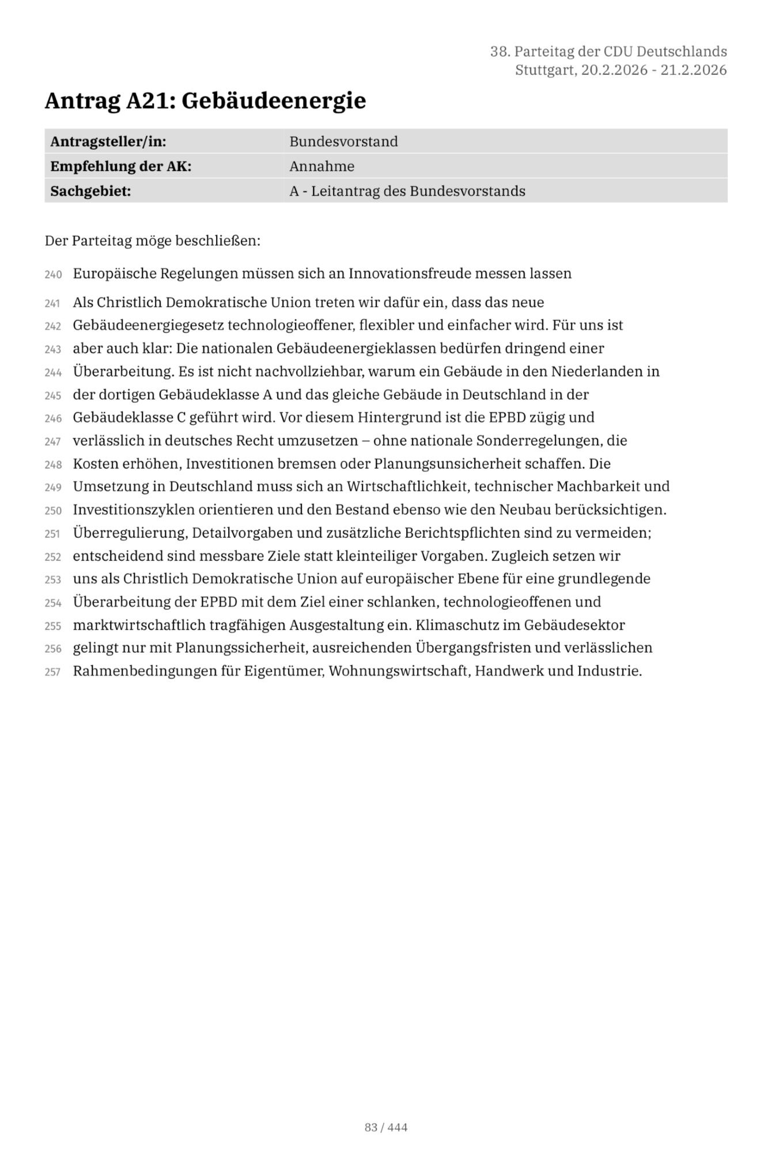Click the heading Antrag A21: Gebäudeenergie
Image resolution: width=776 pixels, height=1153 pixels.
pos(205,101)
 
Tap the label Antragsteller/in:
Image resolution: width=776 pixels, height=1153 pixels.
pos(108,142)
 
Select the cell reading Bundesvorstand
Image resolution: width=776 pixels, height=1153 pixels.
pos(343,142)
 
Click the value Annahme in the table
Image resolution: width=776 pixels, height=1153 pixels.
pos(321,167)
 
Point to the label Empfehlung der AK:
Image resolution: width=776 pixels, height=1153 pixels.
pos(120,167)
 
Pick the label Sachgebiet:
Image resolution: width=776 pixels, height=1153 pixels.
pos(90,191)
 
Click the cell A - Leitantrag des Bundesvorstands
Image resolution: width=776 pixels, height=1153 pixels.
pos(407,191)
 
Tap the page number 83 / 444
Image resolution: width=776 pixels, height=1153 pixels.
pos(386,1127)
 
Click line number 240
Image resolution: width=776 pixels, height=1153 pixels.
pos(53,274)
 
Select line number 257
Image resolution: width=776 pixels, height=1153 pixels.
pos(53,672)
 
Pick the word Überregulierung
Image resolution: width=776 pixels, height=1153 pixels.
pos(128,533)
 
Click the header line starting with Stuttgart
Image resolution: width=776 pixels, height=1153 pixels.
pos(620,70)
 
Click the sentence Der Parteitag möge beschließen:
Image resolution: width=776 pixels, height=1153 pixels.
pos(153,240)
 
